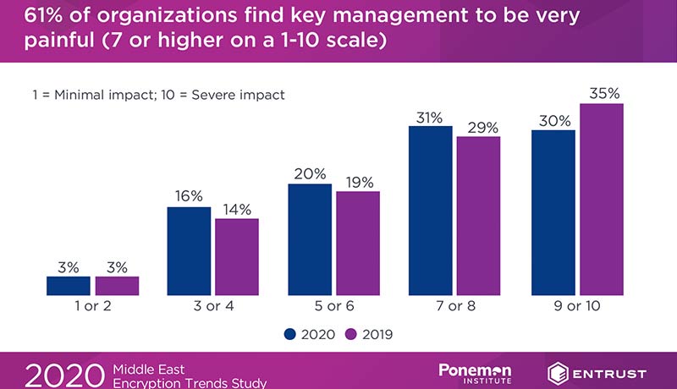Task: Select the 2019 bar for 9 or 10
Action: tap(600, 199)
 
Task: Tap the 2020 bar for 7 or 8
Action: tap(431, 211)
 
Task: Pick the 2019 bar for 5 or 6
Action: tap(357, 243)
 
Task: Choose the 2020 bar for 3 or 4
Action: tap(189, 250)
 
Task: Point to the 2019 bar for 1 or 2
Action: tap(116, 286)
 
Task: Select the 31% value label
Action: tap(430, 118)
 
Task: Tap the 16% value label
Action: tap(190, 196)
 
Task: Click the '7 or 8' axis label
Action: tap(455, 306)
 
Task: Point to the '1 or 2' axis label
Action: tap(92, 306)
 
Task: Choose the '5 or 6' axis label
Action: tap(334, 306)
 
